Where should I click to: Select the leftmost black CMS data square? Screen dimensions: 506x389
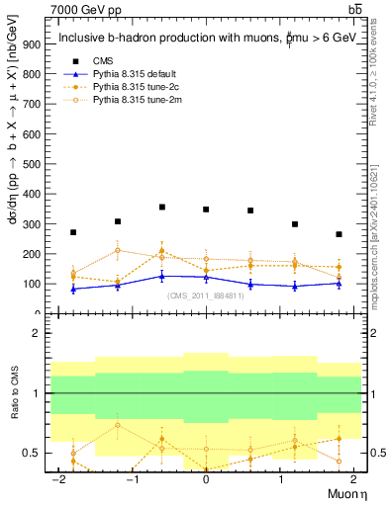point(73,232)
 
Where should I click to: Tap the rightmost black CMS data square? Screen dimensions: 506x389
point(339,234)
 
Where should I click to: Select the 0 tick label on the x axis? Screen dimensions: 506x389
point(206,479)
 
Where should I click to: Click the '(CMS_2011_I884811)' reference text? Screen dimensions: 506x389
point(206,296)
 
